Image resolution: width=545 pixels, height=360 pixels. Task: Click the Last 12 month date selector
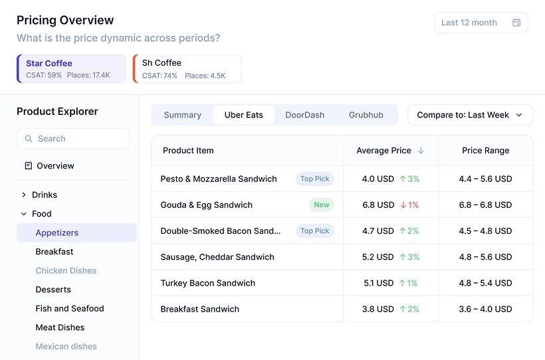[481, 23]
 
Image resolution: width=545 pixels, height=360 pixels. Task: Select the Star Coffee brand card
[71, 69]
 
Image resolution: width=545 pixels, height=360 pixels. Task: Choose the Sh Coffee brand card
[187, 69]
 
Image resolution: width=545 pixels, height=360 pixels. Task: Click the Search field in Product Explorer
[73, 139]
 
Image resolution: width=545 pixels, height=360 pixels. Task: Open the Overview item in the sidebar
[55, 166]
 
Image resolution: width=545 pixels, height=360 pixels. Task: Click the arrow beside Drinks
[24, 195]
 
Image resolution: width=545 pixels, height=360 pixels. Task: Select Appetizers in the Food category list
[57, 233]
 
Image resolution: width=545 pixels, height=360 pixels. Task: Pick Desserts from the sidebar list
[53, 290]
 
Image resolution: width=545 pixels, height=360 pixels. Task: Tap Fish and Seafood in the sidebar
[70, 309]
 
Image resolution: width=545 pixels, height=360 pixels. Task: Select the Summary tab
[182, 115]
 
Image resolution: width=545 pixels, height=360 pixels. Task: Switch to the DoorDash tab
[305, 115]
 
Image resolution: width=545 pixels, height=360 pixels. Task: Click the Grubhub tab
[366, 115]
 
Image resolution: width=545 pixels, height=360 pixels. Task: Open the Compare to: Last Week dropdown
[470, 115]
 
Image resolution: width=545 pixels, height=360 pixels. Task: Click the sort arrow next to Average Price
[421, 151]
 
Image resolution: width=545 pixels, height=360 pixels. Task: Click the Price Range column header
[485, 151]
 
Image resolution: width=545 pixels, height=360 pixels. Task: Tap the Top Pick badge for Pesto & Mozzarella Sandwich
[314, 179]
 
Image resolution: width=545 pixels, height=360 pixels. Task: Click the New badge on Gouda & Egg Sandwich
[322, 205]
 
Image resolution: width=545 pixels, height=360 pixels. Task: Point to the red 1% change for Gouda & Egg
[409, 205]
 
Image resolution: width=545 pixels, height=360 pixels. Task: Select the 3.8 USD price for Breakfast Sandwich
[379, 309]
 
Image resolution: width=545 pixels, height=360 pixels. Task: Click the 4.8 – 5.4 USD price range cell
[485, 283]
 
